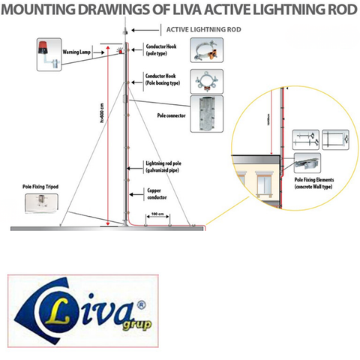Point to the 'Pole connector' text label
pyautogui.click(x=172, y=116)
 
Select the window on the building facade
pyautogui.click(x=266, y=183)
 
